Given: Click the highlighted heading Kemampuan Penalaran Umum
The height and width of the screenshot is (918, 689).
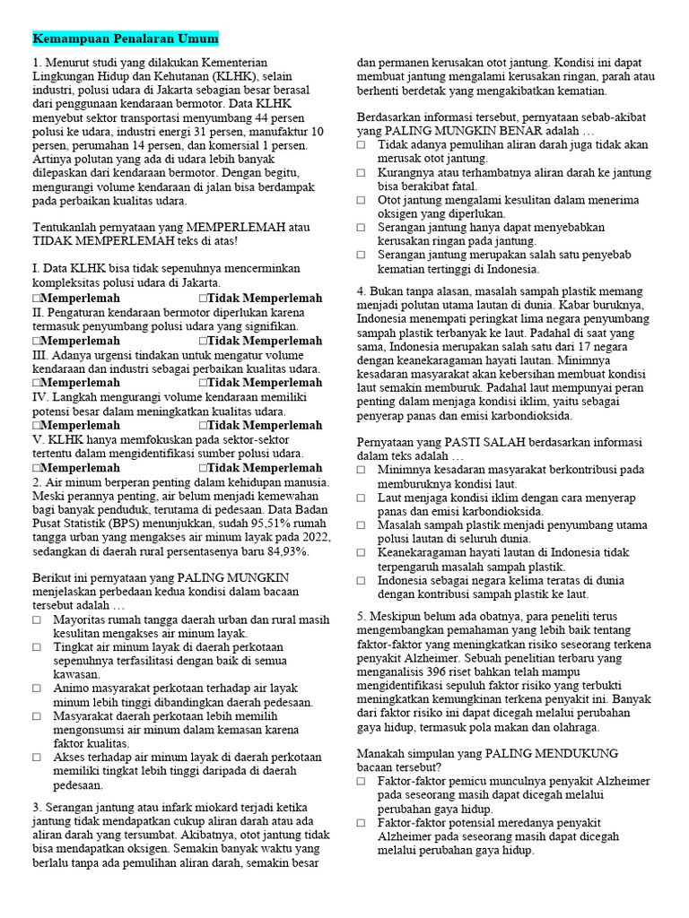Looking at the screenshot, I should tap(125, 39).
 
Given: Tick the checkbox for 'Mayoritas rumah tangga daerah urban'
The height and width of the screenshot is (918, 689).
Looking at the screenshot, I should tap(37, 619).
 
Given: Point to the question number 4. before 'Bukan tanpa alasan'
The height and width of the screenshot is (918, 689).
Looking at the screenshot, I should tap(362, 290).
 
